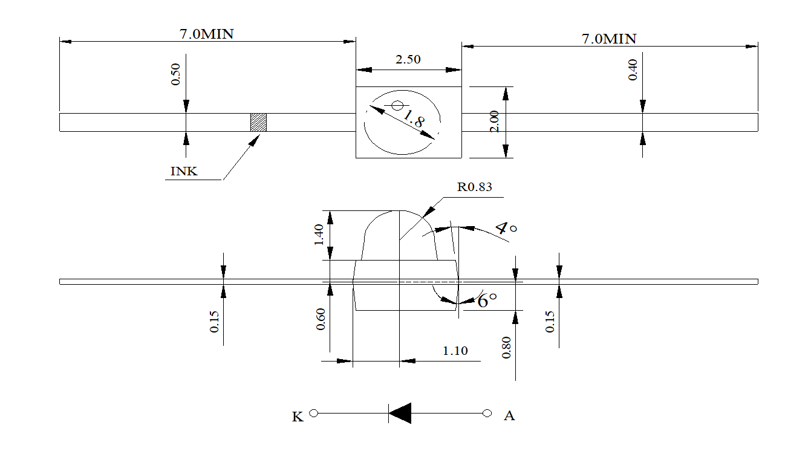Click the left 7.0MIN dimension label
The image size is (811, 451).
click(206, 34)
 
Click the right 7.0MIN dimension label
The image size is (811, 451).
click(609, 39)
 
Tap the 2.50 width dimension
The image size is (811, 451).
click(408, 59)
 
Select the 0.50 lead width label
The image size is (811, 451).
click(175, 74)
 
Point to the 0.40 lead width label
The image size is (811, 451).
click(633, 70)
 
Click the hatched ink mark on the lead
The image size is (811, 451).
click(258, 122)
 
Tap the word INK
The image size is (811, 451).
click(184, 171)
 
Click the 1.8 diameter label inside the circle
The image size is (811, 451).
click(414, 118)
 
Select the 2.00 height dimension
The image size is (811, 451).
click(494, 122)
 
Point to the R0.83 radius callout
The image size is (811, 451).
click(474, 187)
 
